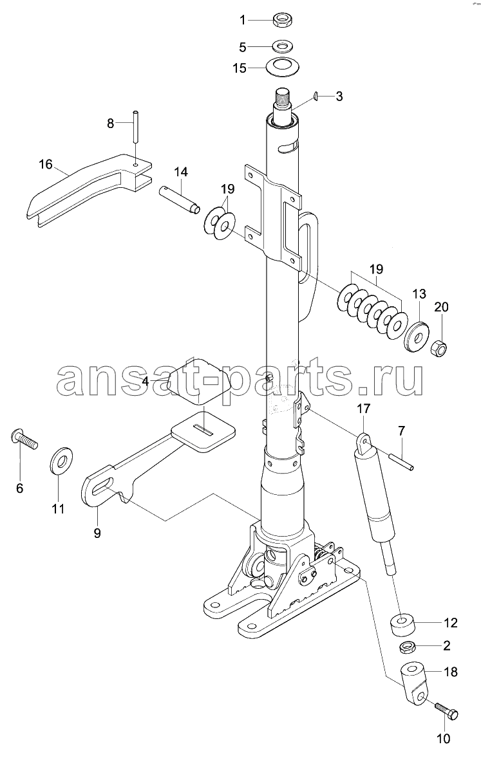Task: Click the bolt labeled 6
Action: [x=23, y=438]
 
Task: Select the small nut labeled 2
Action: [x=409, y=647]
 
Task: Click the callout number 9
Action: [x=97, y=533]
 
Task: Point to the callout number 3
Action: [x=339, y=97]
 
